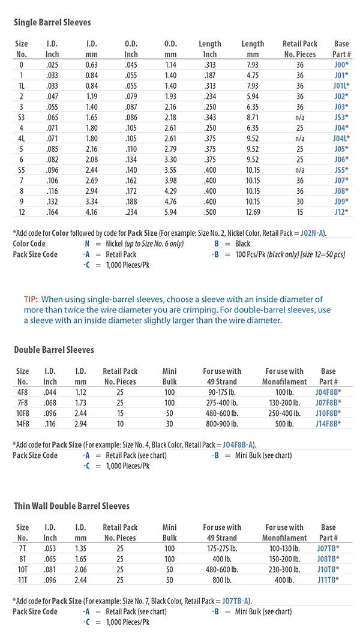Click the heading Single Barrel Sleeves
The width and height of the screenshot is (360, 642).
point(52,23)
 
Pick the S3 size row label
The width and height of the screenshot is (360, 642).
point(22,117)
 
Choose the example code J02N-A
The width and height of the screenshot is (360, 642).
point(329,233)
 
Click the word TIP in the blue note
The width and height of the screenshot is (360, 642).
point(31,299)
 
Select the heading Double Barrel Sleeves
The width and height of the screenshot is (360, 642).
point(53,350)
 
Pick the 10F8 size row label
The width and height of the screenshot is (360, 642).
point(22,413)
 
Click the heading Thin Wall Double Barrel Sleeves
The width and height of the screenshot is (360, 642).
point(71,506)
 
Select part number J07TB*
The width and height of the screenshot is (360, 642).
point(328,548)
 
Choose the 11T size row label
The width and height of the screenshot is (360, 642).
point(22,579)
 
